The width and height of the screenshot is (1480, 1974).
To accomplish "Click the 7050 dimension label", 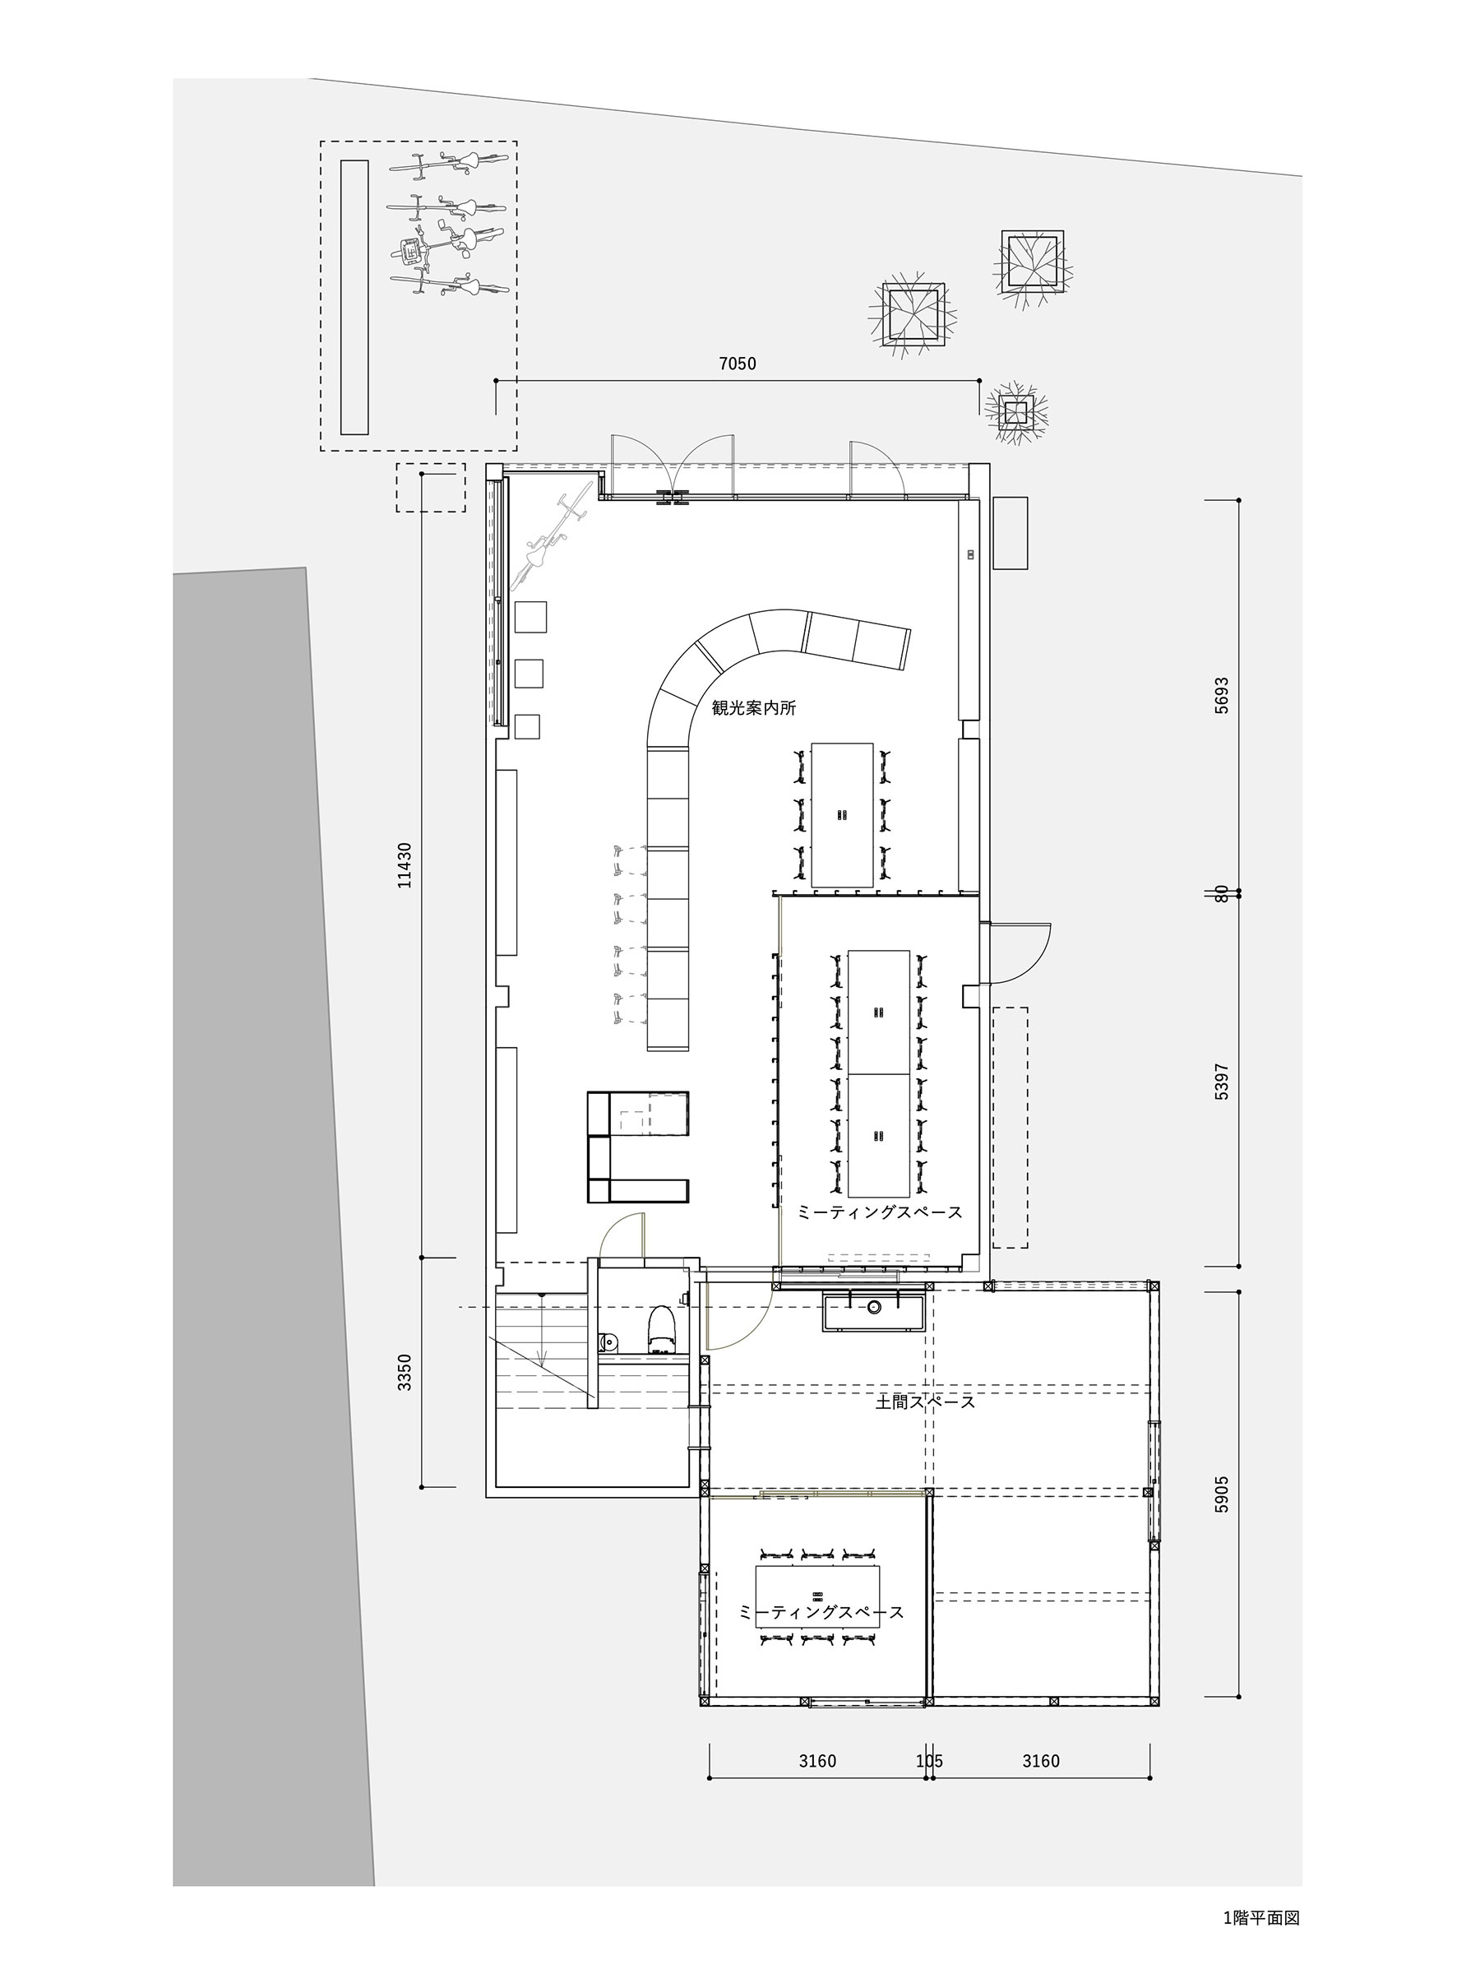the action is pos(737,364).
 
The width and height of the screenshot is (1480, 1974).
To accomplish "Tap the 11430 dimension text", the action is pos(405,864).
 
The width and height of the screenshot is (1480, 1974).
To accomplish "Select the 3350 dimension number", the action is pos(405,1373).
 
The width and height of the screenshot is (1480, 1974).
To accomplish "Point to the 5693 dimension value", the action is pos(1221,695).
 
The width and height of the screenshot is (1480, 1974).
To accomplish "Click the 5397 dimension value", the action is pos(1221,1081).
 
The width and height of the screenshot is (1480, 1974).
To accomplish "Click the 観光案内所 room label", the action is pos(753,708).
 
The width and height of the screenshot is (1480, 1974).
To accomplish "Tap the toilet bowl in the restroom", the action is pos(661,1328).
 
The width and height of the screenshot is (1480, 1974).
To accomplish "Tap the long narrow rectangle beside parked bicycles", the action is pos(355,297).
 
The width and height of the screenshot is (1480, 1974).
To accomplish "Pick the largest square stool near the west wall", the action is pos(531,617).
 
